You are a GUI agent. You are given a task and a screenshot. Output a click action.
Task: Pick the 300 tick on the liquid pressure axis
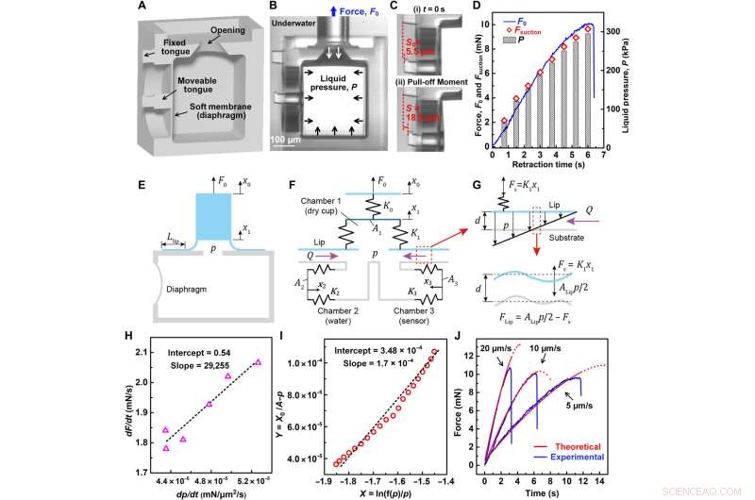(x=609, y=31)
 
